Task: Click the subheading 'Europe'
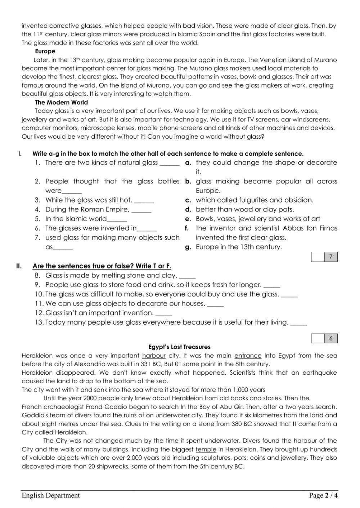45,51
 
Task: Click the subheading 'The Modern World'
61,102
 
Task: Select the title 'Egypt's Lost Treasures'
179,347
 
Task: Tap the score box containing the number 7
331,257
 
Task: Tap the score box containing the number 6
331,338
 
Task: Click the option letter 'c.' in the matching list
188,200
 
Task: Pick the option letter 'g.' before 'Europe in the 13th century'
188,247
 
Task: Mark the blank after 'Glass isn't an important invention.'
164,314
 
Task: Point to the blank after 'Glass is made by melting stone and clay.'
187,276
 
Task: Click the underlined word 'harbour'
154,356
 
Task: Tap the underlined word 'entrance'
248,356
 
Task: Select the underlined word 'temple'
206,449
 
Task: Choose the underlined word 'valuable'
42,458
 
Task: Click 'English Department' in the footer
51,495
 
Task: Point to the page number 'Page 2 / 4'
323,495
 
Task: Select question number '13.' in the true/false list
39,322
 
